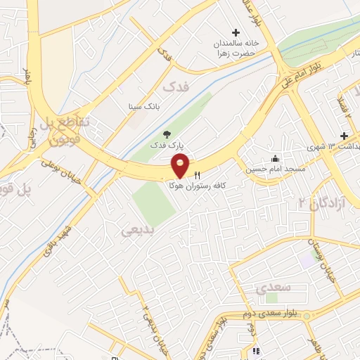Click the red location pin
[x=181, y=166]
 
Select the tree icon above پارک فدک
[x=166, y=133]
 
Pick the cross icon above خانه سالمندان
[x=236, y=32]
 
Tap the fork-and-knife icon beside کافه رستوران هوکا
[x=196, y=174]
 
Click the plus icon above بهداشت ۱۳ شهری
[x=344, y=135]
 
